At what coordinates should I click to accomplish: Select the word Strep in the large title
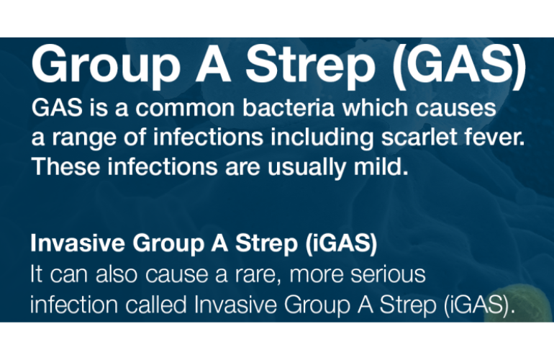[x=310, y=66]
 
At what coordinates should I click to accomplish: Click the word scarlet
[x=419, y=137]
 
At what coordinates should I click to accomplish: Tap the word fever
[x=495, y=138]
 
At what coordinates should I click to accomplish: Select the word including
[x=322, y=138]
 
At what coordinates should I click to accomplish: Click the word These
[x=65, y=166]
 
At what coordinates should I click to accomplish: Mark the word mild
[x=381, y=166]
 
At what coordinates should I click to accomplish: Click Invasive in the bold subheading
[x=78, y=243]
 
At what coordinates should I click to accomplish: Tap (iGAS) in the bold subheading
[x=341, y=243]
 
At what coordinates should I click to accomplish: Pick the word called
[x=156, y=304]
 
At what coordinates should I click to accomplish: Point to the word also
[x=117, y=274]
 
